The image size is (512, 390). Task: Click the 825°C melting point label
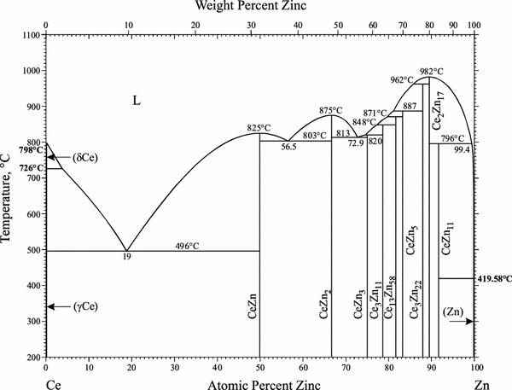click(x=259, y=127)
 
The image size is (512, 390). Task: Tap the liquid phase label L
click(x=136, y=101)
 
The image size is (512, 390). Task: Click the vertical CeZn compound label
click(x=252, y=329)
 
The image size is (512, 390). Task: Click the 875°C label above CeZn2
click(x=330, y=110)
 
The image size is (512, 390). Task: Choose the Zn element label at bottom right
click(x=481, y=383)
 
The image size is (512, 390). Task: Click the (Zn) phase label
click(x=455, y=313)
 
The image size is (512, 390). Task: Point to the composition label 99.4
click(x=463, y=149)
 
